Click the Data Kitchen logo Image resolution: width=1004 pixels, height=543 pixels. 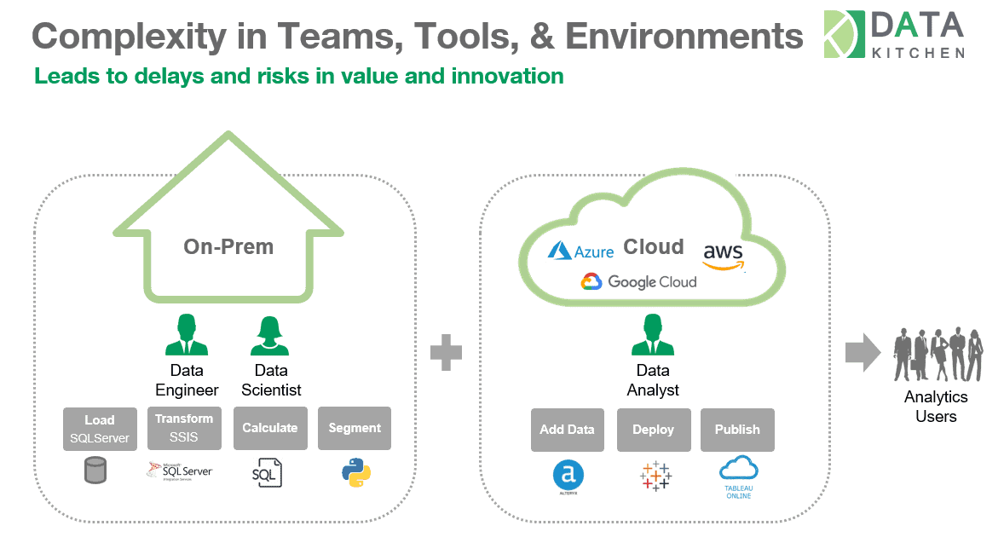coord(894,35)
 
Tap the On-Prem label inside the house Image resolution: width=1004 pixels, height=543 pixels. coord(228,247)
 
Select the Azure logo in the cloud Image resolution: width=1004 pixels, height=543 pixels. coord(581,251)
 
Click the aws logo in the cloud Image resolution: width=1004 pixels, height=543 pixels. coord(724,255)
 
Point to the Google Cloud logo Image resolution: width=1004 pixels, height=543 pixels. coord(639,282)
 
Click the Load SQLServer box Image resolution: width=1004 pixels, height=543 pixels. coord(100,429)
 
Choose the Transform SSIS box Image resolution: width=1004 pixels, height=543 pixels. coord(184,428)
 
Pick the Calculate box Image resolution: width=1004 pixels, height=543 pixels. coord(269,428)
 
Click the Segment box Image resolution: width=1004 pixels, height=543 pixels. coord(354,428)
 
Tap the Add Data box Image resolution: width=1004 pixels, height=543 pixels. coord(568,430)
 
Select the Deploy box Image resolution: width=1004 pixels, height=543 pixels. coord(653,430)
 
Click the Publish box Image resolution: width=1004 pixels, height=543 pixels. coord(737,430)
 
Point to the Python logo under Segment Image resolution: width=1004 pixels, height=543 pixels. coord(355,472)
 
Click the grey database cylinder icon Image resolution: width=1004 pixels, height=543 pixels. coord(96,471)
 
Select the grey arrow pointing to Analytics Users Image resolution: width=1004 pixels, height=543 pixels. coord(862,352)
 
